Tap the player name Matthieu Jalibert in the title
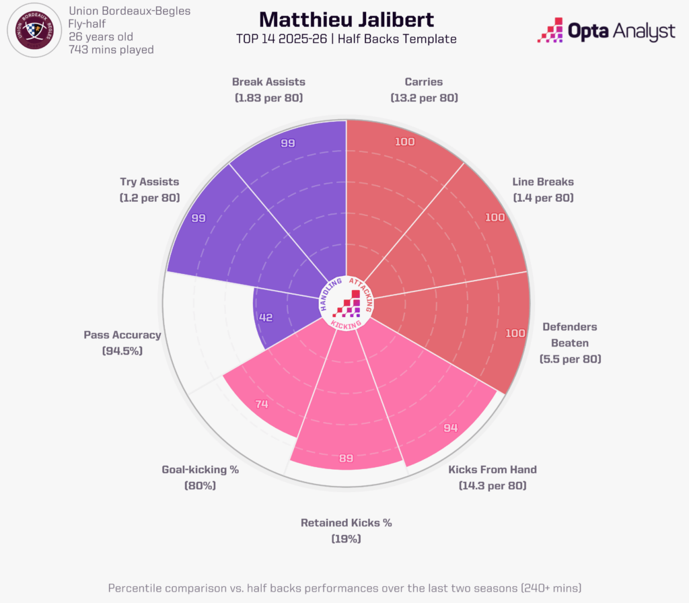click(346, 19)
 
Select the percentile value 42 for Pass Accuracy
click(266, 318)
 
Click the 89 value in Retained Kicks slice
click(346, 459)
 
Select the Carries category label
click(424, 82)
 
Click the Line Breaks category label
click(543, 182)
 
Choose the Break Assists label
click(268, 82)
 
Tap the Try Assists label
click(149, 182)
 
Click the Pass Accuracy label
click(122, 334)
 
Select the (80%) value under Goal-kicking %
click(200, 485)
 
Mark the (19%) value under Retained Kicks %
click(346, 538)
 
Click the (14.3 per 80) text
click(493, 485)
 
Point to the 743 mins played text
click(111, 50)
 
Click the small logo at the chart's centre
click(347, 305)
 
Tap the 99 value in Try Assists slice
click(198, 219)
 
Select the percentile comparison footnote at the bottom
click(344, 588)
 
